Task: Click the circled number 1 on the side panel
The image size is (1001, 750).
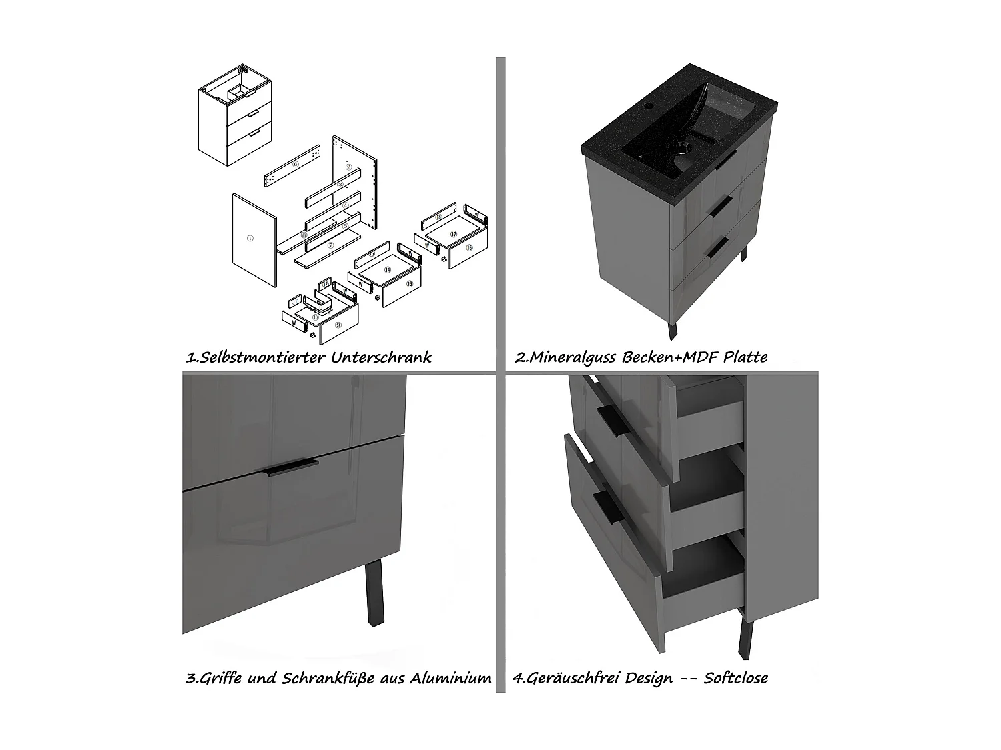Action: point(249,238)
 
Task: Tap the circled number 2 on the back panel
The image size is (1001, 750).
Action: point(348,167)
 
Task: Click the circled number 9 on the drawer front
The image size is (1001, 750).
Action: point(338,325)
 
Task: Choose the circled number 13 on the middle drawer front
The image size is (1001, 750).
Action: point(409,283)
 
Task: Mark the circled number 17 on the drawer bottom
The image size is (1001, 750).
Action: point(453,234)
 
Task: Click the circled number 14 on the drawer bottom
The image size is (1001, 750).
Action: point(387,270)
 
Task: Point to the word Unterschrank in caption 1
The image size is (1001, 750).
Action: point(381,357)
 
